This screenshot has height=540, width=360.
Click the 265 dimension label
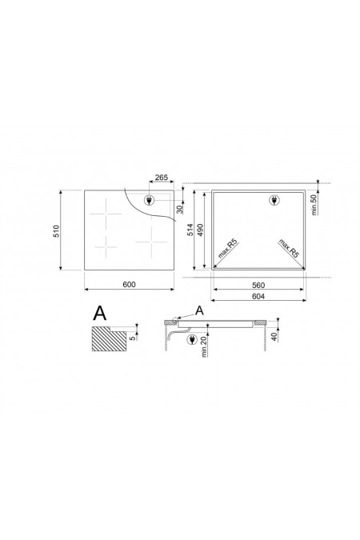click(x=161, y=178)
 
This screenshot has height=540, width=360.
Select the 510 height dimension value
click(x=56, y=230)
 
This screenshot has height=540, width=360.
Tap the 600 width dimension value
click(x=129, y=285)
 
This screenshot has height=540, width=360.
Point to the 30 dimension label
click(x=180, y=209)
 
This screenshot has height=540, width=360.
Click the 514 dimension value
click(x=190, y=230)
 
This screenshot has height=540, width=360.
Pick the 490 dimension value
click(x=200, y=230)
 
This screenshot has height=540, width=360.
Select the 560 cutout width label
click(x=258, y=285)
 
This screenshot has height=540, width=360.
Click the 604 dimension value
click(x=258, y=296)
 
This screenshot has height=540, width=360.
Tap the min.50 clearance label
click(x=314, y=205)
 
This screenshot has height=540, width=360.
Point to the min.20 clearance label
click(x=203, y=346)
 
